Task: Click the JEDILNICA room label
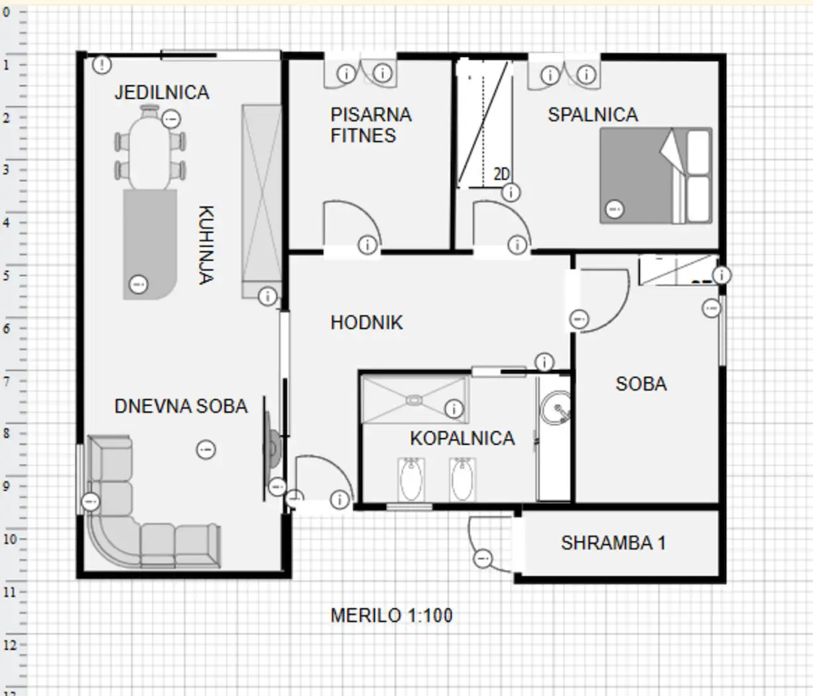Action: (162, 93)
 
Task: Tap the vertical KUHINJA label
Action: (206, 245)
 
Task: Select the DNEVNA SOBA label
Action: (181, 406)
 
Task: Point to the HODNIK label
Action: (367, 323)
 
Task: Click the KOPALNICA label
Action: (462, 438)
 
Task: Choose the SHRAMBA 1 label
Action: (613, 543)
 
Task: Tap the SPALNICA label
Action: (593, 115)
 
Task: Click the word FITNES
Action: (363, 136)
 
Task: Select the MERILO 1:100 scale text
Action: (391, 615)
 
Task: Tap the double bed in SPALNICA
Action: (656, 176)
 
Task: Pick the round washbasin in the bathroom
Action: (555, 408)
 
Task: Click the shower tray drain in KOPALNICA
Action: (414, 400)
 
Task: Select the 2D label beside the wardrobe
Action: (501, 174)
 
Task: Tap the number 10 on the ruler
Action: (10, 539)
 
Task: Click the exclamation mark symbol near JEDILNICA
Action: (102, 64)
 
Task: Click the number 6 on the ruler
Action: (6, 329)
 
